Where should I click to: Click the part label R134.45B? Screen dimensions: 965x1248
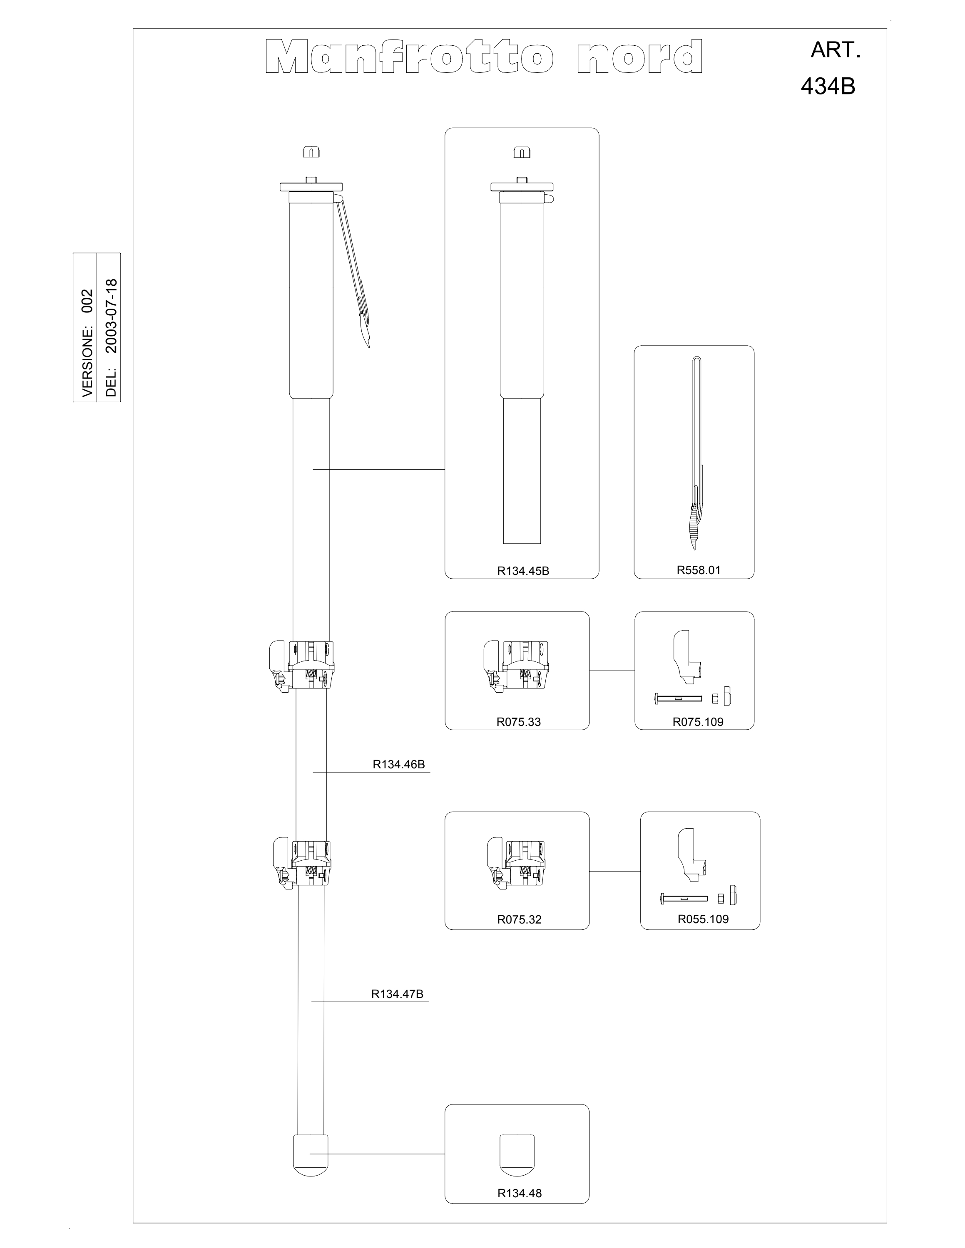(x=522, y=570)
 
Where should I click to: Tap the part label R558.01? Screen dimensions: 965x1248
(x=699, y=570)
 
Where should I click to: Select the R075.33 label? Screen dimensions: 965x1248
(x=518, y=722)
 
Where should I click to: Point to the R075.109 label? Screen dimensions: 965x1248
(x=697, y=722)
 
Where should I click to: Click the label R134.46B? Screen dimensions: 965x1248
(x=398, y=764)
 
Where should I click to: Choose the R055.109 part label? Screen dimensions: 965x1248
(x=703, y=919)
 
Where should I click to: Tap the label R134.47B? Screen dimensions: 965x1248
(x=397, y=994)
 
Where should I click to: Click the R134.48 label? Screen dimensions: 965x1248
(x=519, y=1189)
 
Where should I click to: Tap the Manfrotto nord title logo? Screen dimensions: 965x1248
(x=484, y=57)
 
